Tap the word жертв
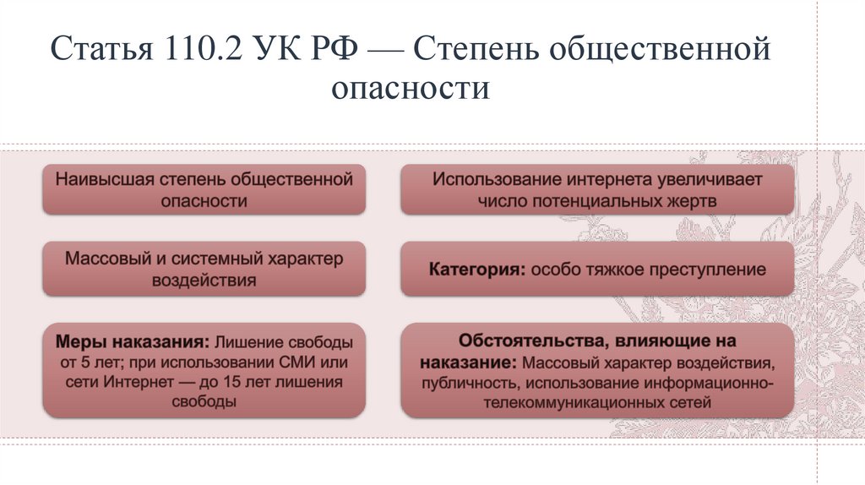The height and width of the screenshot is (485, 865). (x=689, y=201)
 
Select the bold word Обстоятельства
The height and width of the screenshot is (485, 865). (x=525, y=341)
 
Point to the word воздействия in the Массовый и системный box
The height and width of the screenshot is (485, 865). (x=204, y=281)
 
